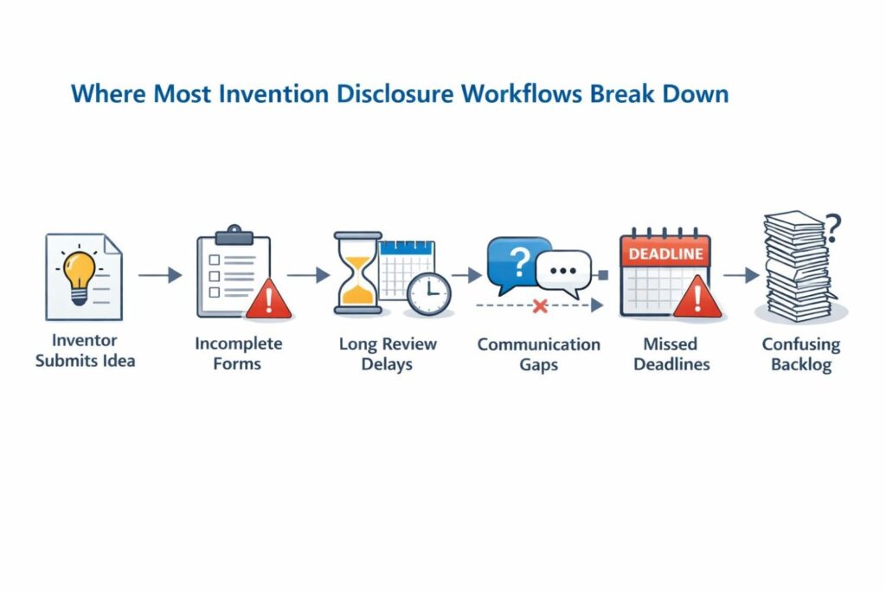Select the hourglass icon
click(357, 272)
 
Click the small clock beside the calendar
click(428, 293)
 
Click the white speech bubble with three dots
click(563, 270)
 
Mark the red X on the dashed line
click(540, 305)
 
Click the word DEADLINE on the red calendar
click(665, 254)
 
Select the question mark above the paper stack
click(832, 228)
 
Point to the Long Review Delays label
click(387, 354)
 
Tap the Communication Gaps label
click(538, 354)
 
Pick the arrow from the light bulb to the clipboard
click(160, 275)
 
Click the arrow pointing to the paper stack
click(741, 275)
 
